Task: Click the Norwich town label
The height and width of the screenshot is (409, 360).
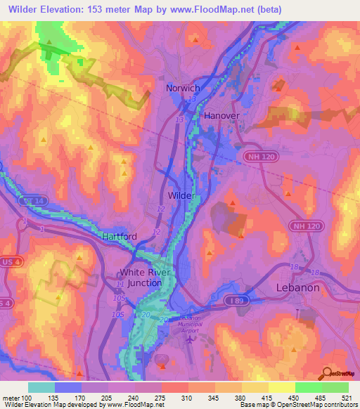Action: point(183,89)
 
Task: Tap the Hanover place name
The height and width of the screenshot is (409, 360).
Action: point(221,115)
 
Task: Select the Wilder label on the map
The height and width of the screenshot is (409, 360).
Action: point(181,195)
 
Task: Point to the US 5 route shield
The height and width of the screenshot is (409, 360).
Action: point(4,303)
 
